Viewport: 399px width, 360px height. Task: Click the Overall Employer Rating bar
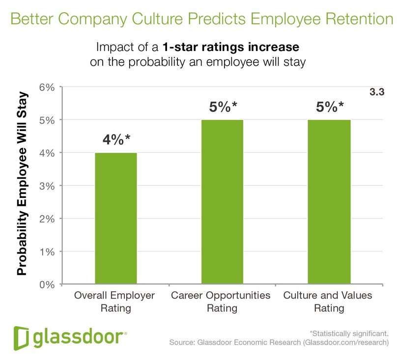point(116,218)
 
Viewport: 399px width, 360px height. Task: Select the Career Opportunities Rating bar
point(222,201)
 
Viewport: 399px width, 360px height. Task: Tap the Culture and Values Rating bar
point(329,201)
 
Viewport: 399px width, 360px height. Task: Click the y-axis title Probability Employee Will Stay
point(22,185)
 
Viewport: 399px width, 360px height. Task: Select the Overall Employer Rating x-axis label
point(114,302)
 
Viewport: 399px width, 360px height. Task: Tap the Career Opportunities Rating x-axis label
point(221,302)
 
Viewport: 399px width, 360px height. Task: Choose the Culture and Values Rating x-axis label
point(328,302)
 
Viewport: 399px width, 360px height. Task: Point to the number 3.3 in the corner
point(376,91)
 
